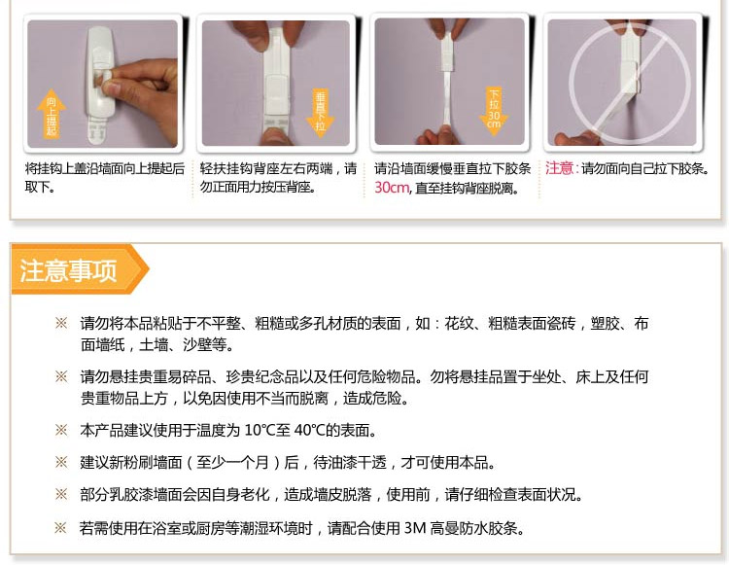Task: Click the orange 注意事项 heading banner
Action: tap(79, 269)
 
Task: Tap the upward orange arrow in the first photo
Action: tap(52, 114)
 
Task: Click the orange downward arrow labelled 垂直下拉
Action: tap(321, 113)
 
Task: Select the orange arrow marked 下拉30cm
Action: tap(494, 112)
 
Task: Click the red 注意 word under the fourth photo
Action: tap(559, 168)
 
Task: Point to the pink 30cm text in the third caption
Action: tap(392, 188)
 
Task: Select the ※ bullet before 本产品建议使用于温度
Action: tap(61, 430)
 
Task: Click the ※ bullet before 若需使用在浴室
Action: tap(60, 528)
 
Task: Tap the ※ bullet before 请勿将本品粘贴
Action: tap(61, 323)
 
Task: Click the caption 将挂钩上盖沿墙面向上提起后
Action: tap(105, 168)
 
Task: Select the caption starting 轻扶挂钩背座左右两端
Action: tap(279, 177)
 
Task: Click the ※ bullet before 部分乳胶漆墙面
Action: tap(61, 494)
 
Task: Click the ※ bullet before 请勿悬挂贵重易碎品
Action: tap(61, 376)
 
